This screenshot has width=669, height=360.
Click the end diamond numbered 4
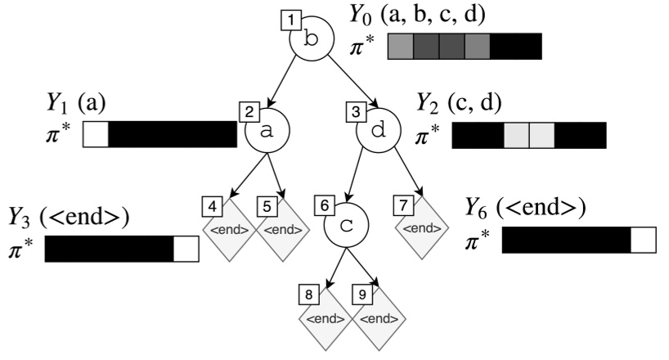[x=230, y=230]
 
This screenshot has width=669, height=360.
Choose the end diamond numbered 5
[x=285, y=230]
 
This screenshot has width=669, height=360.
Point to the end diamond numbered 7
[x=424, y=227]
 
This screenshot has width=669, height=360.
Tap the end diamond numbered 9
[x=379, y=318]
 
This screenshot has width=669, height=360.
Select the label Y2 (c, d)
[x=460, y=104]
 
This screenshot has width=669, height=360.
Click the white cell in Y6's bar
[x=643, y=240]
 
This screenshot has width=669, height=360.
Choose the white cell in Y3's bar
[x=186, y=250]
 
